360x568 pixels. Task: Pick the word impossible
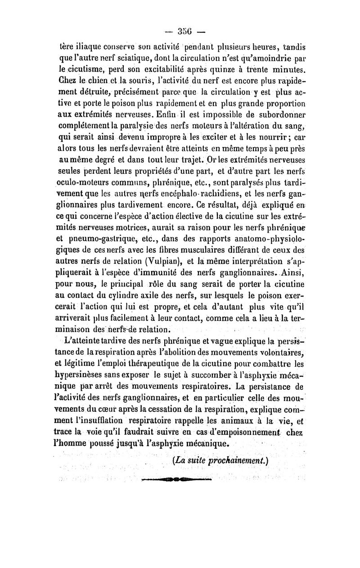pos(213,115)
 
